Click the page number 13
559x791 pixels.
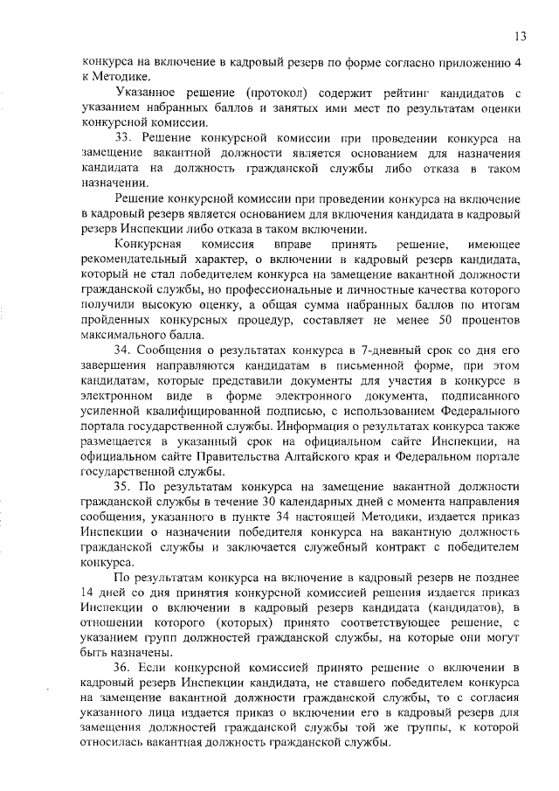520,36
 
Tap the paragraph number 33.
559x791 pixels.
124,137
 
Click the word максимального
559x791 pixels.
125,336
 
